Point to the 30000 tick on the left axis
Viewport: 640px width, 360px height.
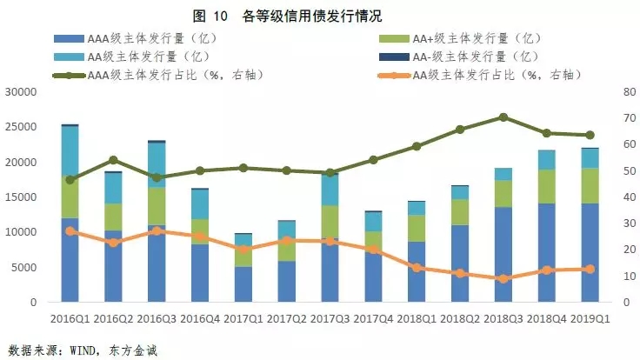click(x=20, y=92)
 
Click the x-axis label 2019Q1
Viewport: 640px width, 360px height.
click(x=590, y=318)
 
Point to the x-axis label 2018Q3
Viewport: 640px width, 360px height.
click(x=503, y=318)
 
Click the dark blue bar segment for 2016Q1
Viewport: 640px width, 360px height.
click(x=70, y=261)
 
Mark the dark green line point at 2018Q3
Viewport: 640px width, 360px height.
click(x=503, y=117)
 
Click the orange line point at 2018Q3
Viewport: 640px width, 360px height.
click(x=503, y=279)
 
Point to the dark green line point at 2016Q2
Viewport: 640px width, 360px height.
click(x=113, y=160)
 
